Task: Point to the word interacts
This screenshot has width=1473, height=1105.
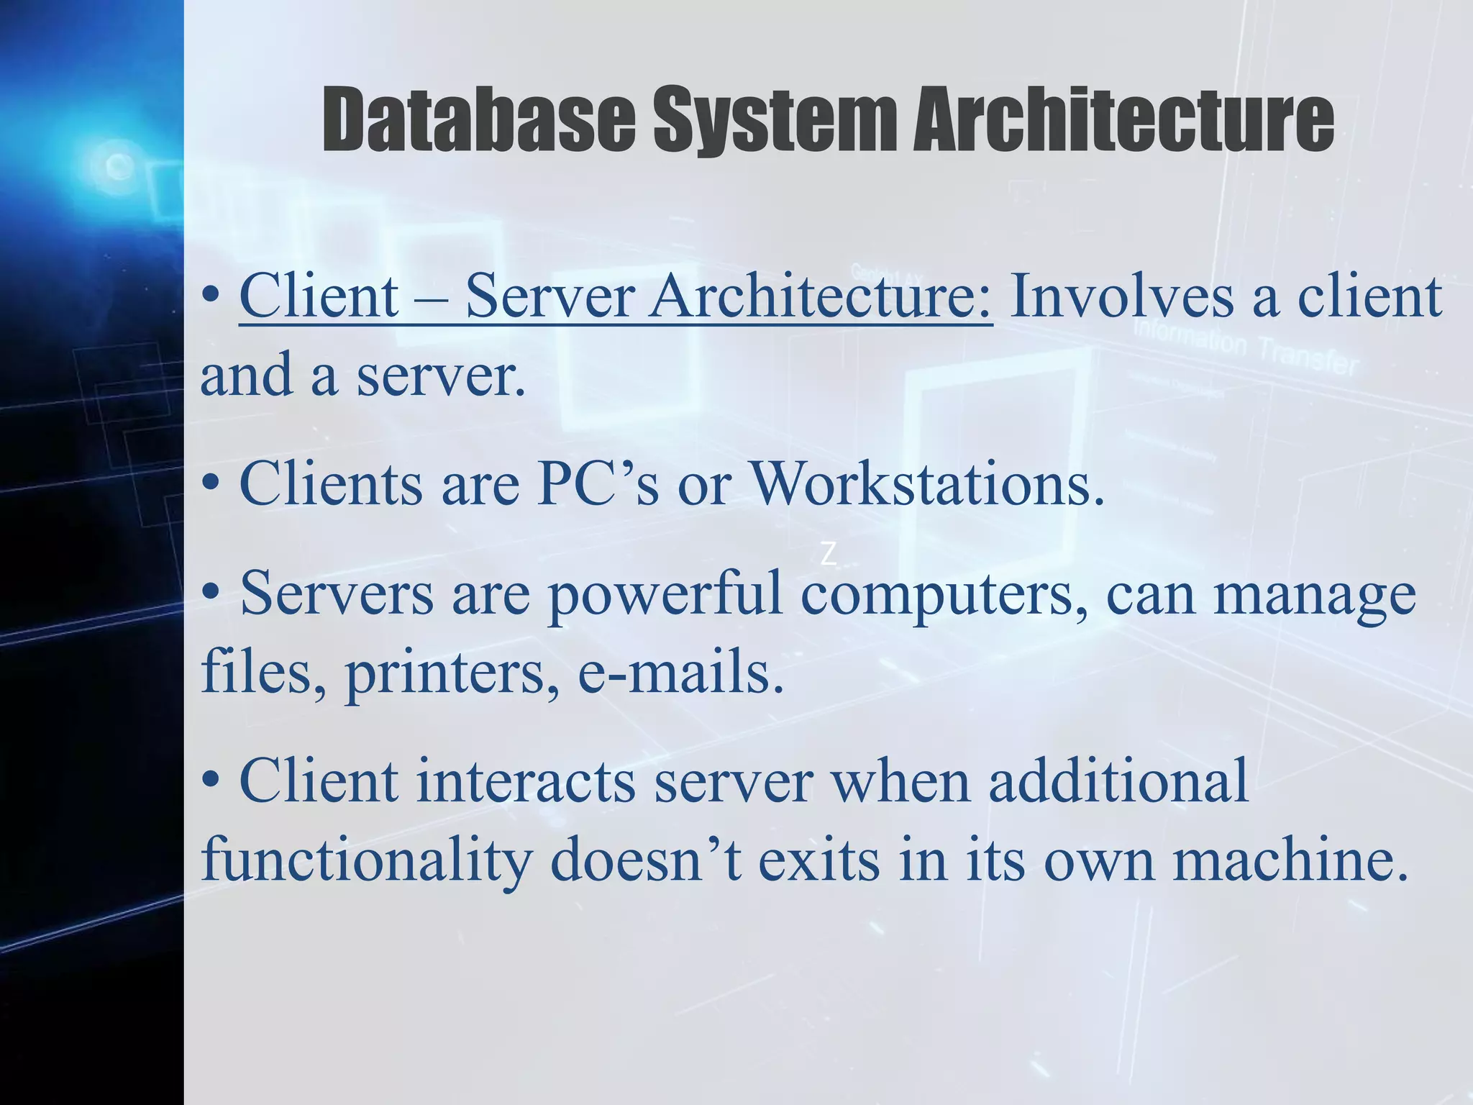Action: point(525,782)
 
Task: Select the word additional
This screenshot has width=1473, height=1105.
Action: point(1118,782)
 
